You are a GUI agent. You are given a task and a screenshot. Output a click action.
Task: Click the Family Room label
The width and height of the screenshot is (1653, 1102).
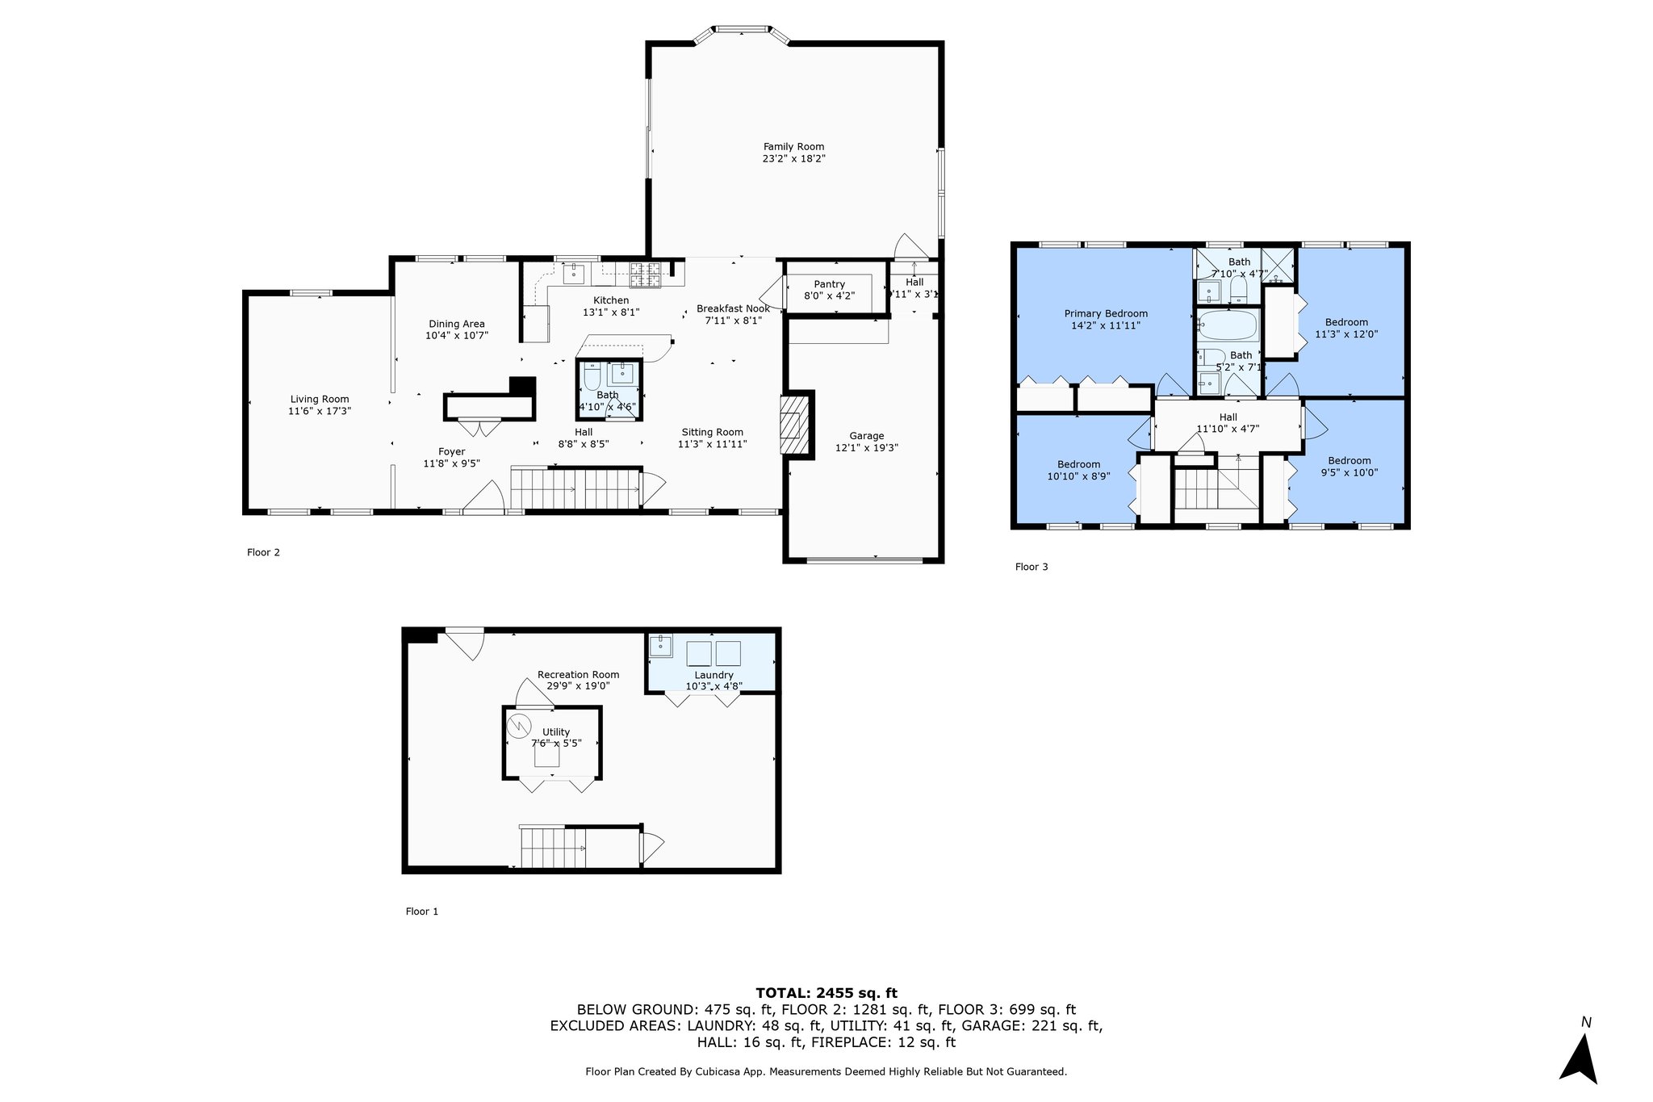click(x=793, y=147)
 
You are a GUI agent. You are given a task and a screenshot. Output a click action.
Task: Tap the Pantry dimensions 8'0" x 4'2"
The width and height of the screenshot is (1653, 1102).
click(x=829, y=295)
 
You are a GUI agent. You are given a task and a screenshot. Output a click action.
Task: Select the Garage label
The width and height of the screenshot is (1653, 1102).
click(x=866, y=436)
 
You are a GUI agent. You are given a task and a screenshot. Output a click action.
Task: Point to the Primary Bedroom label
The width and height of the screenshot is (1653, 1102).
click(x=1105, y=313)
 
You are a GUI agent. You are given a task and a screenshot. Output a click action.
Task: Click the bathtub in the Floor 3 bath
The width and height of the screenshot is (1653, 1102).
click(x=1227, y=326)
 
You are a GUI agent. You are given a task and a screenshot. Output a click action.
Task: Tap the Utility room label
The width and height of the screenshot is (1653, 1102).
click(x=556, y=731)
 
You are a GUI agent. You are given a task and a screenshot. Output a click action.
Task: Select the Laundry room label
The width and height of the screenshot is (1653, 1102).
click(x=714, y=675)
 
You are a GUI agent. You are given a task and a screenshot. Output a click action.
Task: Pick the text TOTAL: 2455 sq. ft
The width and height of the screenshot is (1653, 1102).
click(x=826, y=993)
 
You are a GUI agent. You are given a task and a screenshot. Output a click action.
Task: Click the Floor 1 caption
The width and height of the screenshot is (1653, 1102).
click(x=421, y=911)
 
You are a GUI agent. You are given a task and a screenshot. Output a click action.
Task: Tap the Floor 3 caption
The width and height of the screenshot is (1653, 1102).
click(x=1031, y=567)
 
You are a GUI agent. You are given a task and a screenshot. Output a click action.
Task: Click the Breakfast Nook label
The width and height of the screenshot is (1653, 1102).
click(x=732, y=308)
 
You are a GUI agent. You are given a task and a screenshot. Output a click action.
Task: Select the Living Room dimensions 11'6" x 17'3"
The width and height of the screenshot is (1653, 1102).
click(x=320, y=411)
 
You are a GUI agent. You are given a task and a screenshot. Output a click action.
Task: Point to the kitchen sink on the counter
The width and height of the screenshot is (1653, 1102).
click(x=573, y=274)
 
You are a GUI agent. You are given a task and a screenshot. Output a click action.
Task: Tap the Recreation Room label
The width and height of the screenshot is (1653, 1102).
click(x=578, y=675)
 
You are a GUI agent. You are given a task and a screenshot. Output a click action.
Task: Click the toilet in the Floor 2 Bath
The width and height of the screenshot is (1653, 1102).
click(x=592, y=378)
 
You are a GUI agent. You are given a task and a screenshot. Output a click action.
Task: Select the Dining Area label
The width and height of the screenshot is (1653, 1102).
click(x=456, y=324)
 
